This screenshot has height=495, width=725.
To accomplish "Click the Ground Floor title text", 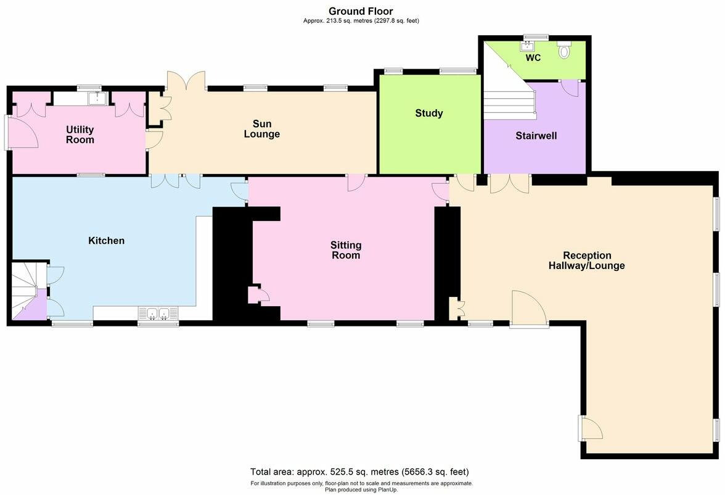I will tap(361, 11).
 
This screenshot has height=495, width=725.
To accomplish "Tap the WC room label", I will tap(533, 58).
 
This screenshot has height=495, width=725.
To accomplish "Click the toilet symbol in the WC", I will tap(563, 51).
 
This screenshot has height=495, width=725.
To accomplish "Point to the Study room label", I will tap(428, 114).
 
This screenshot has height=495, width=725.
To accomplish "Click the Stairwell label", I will tap(536, 136).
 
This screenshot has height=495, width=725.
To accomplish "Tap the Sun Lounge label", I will tap(261, 129).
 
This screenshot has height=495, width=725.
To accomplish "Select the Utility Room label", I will tap(80, 135).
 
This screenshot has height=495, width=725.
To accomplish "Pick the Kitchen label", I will tap(106, 241).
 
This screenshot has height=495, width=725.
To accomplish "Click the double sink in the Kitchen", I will tap(158, 314).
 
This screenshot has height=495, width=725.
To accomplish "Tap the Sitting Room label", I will tap(345, 250).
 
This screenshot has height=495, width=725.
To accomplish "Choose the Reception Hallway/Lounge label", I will tap(586, 260).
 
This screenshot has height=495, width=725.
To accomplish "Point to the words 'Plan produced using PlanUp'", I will tap(361, 489).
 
